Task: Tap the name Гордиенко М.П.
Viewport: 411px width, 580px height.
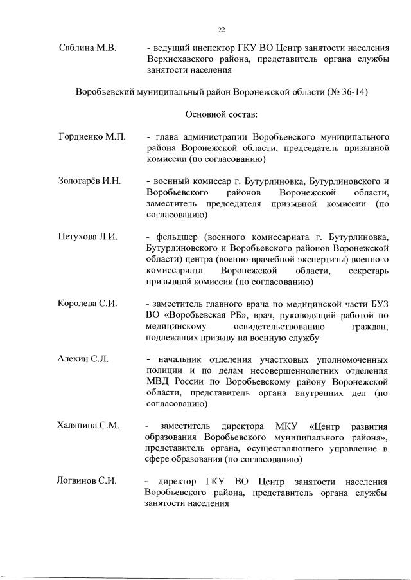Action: click(x=91, y=137)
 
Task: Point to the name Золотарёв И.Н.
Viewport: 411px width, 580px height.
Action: click(x=90, y=181)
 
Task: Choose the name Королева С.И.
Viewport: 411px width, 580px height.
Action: click(x=87, y=303)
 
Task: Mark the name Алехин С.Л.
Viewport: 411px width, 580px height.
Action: click(x=83, y=358)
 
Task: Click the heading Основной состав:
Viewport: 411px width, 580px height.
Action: click(x=221, y=114)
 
